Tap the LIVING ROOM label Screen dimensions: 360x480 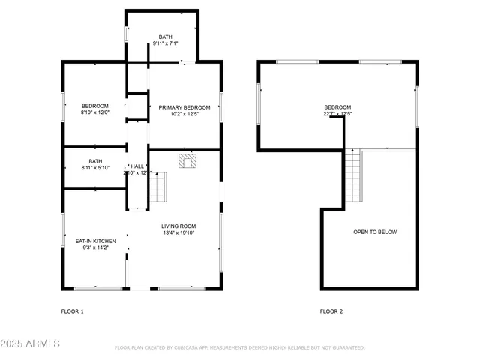click(x=178, y=226)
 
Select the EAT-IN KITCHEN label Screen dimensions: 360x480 click(x=95, y=241)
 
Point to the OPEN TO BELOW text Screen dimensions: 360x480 click(x=375, y=232)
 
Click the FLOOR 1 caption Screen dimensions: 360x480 click(x=73, y=310)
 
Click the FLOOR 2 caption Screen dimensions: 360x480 click(x=331, y=310)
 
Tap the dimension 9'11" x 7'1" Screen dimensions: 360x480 click(x=165, y=44)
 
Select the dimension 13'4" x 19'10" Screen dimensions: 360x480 click(x=178, y=233)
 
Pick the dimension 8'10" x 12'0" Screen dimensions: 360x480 click(x=95, y=112)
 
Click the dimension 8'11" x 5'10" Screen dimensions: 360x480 click(x=95, y=168)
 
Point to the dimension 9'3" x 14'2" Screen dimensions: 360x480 click(x=95, y=247)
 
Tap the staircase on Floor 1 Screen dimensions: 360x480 click(x=157, y=187)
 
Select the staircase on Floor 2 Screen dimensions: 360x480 click(x=352, y=176)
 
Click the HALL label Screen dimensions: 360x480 click(x=137, y=166)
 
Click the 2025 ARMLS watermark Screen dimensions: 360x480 click(x=31, y=343)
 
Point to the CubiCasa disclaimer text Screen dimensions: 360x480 click(x=239, y=348)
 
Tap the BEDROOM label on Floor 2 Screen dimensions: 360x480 click(x=337, y=107)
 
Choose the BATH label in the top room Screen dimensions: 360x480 click(x=165, y=37)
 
